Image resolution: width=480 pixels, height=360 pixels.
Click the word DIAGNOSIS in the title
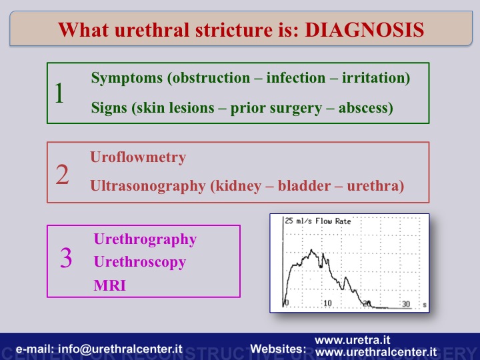364,30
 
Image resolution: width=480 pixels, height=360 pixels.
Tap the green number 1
59,93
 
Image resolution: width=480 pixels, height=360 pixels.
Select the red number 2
62,175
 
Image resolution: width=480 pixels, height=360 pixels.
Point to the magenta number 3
66,257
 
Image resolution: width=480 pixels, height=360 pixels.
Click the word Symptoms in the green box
127,79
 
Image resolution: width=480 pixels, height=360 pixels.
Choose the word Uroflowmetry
138,157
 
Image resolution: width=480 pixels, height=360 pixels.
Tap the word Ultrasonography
148,186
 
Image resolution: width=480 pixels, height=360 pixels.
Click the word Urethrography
145,240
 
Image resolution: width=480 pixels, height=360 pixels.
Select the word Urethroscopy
140,263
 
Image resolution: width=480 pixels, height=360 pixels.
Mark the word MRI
109,285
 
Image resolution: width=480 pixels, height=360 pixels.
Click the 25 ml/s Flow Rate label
318,221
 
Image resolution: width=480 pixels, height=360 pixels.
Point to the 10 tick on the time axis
327,303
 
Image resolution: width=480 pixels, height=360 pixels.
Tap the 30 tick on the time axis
406,304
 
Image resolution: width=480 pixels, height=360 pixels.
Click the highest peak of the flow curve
311,250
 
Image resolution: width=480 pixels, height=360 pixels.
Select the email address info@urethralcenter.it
120,349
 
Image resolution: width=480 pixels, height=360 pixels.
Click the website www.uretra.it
353,340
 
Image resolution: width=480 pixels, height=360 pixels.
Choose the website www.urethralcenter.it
376,352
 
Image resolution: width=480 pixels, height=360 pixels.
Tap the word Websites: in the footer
278,349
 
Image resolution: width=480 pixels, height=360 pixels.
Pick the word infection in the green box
296,78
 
